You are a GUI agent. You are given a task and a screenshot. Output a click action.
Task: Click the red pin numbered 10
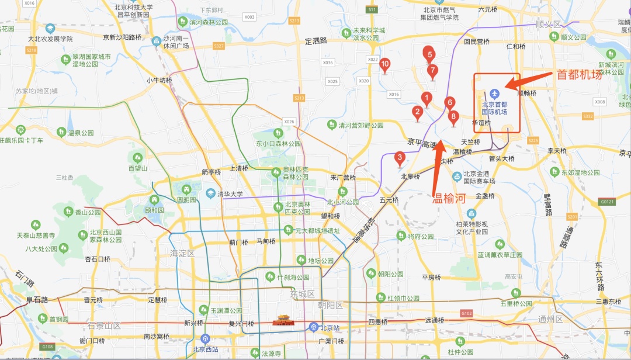tap(385, 64)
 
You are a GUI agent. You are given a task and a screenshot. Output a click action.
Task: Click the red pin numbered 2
tap(417, 112)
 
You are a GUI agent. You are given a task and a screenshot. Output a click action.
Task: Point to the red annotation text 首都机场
tap(578, 75)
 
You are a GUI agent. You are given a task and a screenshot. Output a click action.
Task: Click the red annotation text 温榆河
tap(448, 198)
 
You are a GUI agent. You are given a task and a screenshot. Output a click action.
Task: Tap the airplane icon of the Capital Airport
tap(495, 93)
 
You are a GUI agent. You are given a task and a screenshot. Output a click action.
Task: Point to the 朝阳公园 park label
tap(390, 274)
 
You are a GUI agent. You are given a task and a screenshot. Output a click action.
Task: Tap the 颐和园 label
tap(155, 210)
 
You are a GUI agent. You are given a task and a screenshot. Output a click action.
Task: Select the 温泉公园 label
tap(81, 133)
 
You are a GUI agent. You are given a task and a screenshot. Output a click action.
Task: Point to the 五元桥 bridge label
tap(388, 200)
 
